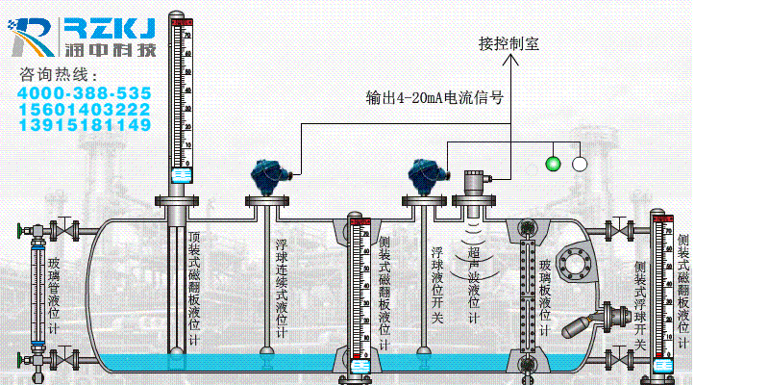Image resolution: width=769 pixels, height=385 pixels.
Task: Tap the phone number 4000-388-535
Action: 84,93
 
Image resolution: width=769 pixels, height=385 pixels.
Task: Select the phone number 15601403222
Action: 84,109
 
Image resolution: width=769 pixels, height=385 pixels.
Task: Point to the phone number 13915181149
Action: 84,125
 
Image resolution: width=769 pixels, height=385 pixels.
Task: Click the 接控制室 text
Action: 509,44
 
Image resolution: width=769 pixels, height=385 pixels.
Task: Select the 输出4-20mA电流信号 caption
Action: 435,97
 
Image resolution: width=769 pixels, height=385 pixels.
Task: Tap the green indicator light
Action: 552,163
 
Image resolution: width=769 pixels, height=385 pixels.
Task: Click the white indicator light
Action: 580,163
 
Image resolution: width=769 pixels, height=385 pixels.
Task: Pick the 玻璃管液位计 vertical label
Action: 53,288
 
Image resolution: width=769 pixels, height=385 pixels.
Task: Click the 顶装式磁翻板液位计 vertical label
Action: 194,288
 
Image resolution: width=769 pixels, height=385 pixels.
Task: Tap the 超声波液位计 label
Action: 473,284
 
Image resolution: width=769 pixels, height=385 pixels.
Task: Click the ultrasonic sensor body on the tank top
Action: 472,183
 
